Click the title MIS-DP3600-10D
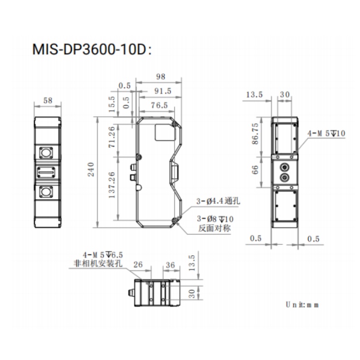[x=92, y=49]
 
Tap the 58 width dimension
[x=48, y=100]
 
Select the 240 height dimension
[x=91, y=169]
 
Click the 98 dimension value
[x=160, y=76]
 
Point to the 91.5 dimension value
[x=163, y=91]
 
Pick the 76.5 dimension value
[x=159, y=106]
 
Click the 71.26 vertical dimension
[x=111, y=137]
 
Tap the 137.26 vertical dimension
[x=111, y=185]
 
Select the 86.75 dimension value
[x=255, y=133]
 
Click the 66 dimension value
[x=255, y=169]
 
